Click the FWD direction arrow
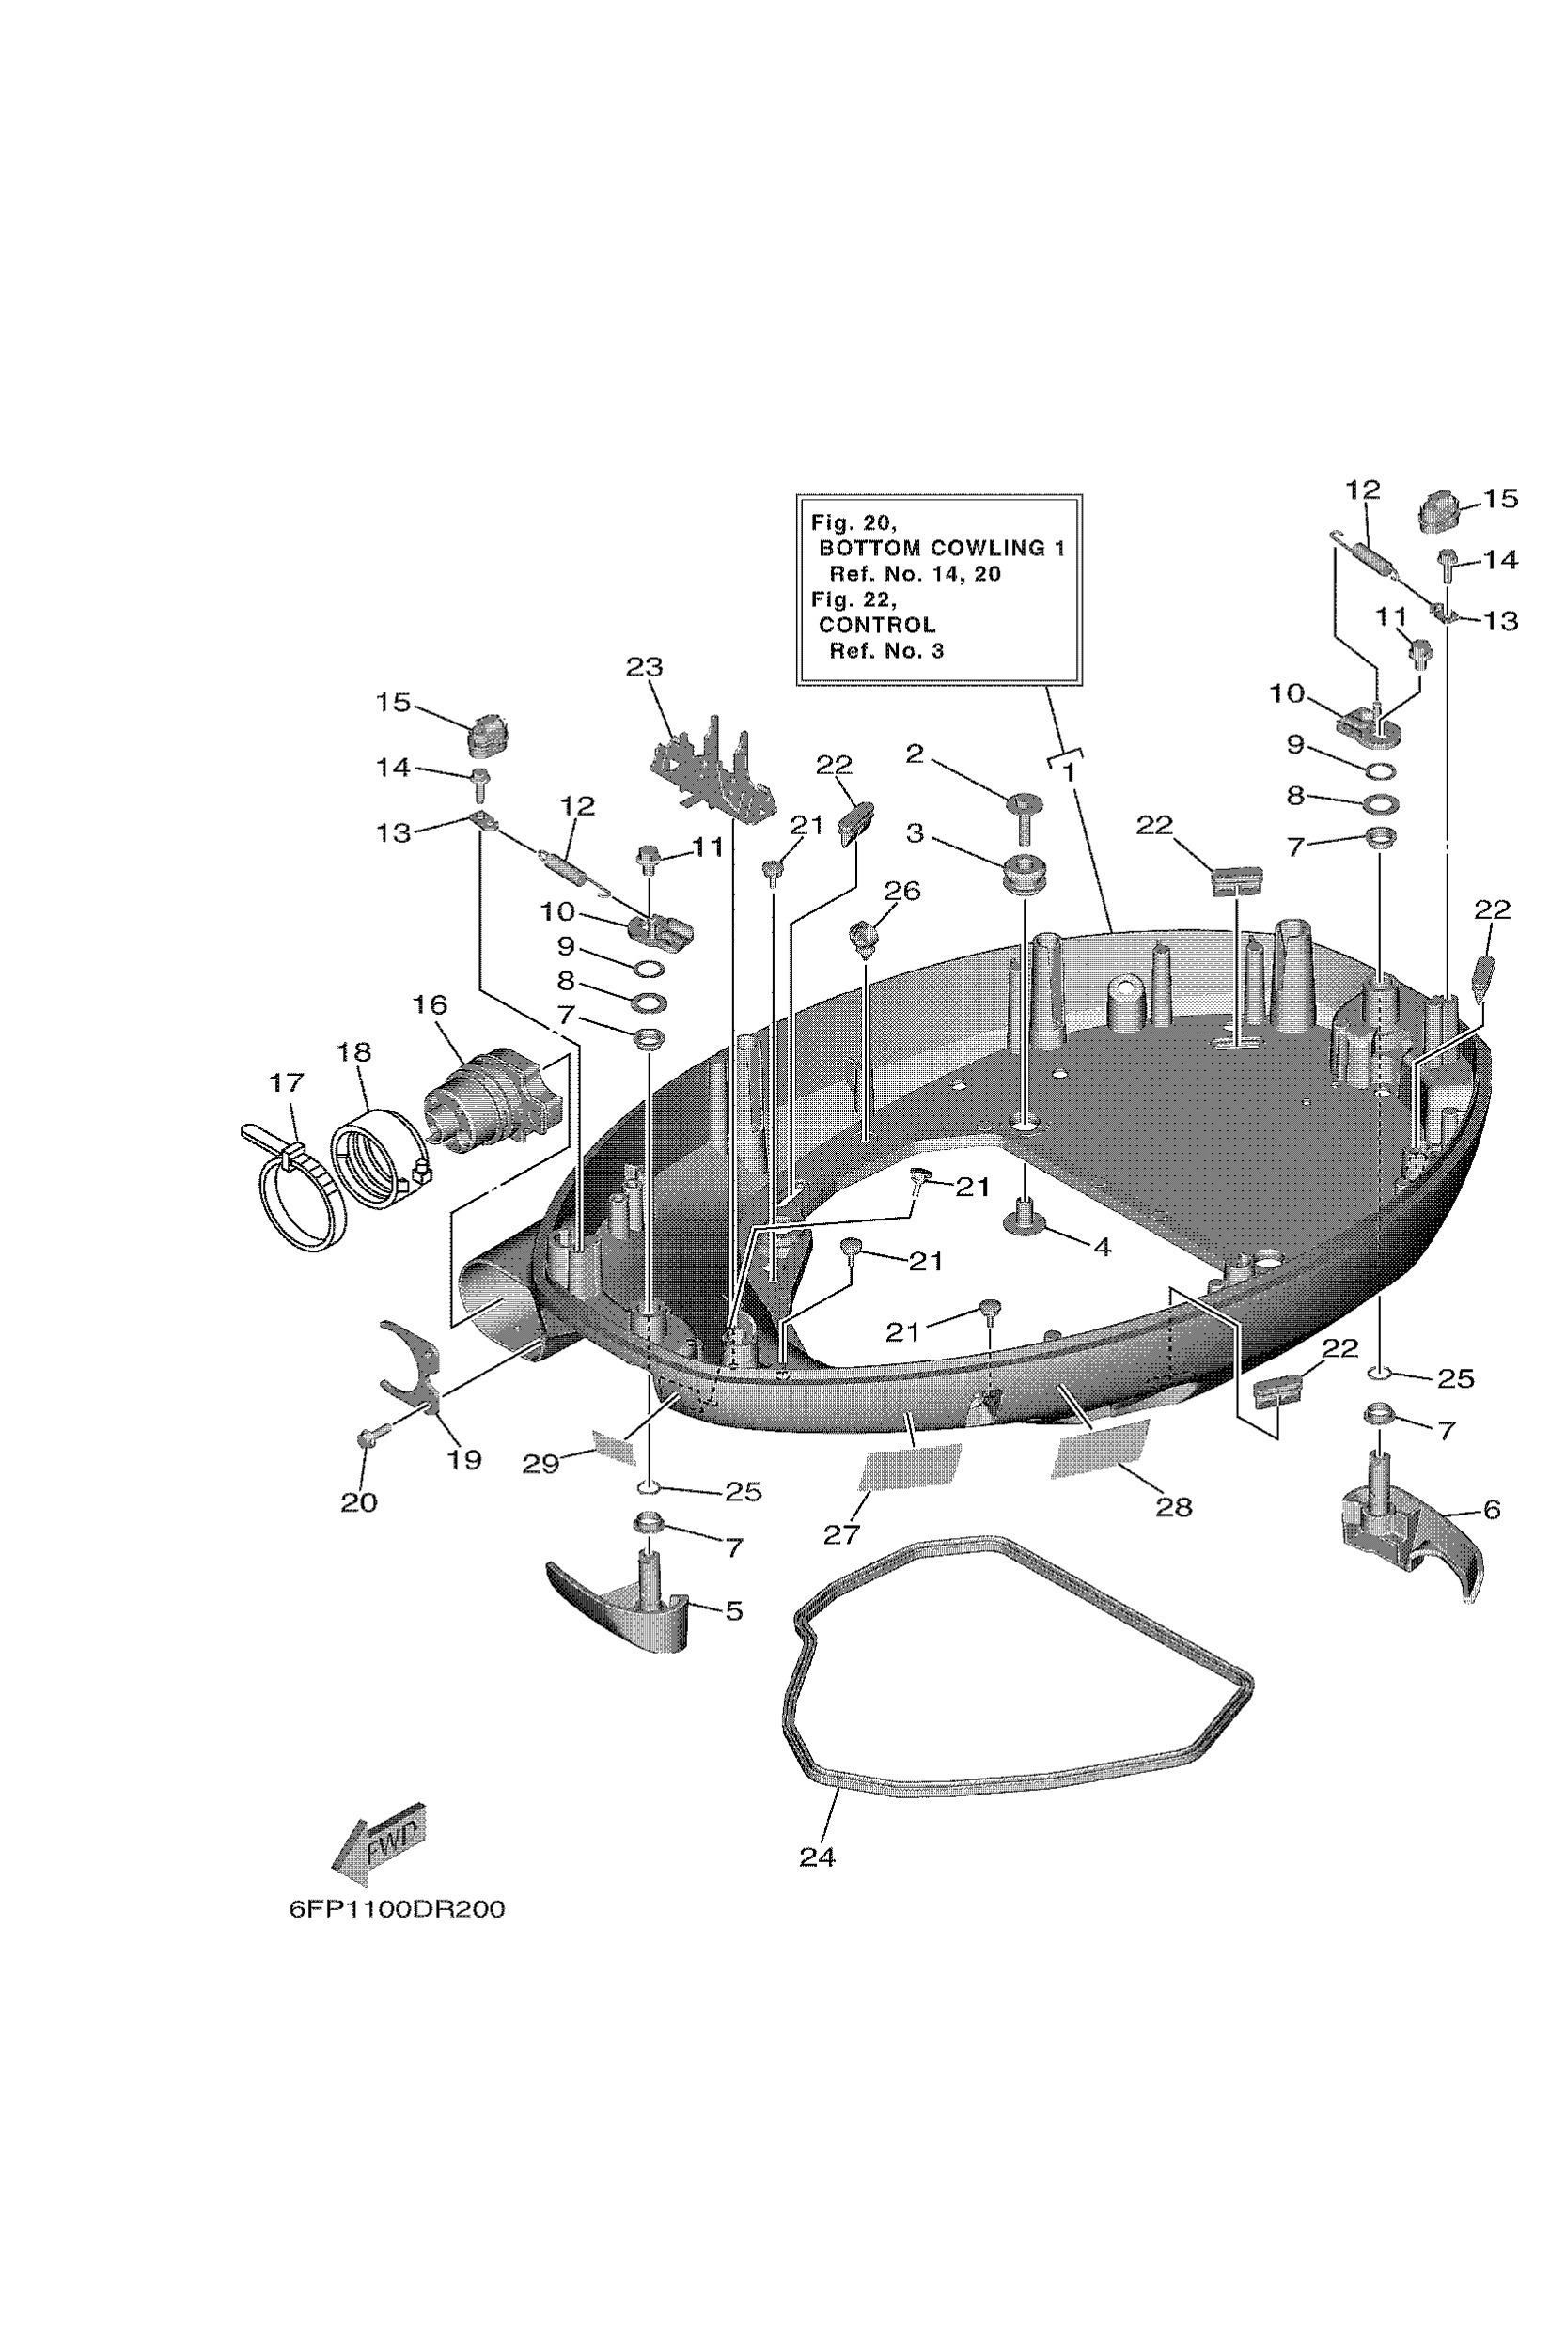[x=379, y=1842]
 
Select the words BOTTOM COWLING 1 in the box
[x=941, y=548]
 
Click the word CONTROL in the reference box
[x=877, y=625]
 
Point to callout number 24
[x=817, y=1857]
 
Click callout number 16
[x=429, y=1005]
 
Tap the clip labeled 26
[x=864, y=935]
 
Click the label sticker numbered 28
[x=1100, y=1450]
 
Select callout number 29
[x=540, y=1464]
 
